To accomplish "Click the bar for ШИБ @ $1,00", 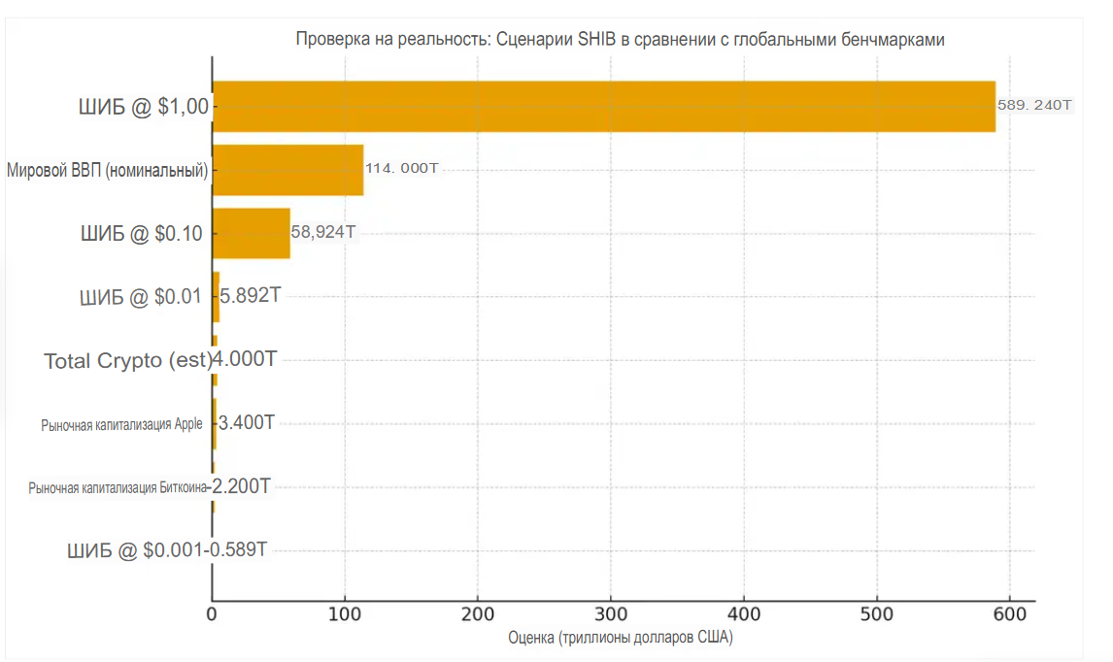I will click(x=602, y=106).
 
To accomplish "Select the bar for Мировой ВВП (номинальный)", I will click(x=287, y=170).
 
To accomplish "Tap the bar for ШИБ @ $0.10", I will click(x=251, y=233).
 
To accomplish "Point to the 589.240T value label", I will click(x=1034, y=105).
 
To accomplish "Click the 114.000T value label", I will click(x=401, y=169).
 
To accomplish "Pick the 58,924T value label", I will click(x=323, y=233).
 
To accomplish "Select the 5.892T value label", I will click(x=250, y=295).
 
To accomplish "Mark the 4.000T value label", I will click(x=245, y=360).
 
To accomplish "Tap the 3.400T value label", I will click(x=247, y=422).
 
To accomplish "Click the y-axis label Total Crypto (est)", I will click(x=127, y=361).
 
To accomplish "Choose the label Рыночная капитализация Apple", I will click(x=121, y=424).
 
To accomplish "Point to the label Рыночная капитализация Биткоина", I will click(x=118, y=487).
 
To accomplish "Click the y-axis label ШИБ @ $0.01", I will click(x=141, y=297).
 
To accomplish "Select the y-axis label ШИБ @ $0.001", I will click(x=134, y=550).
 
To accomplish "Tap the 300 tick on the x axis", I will click(x=611, y=614).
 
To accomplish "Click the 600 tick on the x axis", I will click(x=1009, y=614).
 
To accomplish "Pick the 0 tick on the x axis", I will click(x=213, y=614).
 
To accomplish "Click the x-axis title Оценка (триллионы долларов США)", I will click(x=621, y=639).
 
